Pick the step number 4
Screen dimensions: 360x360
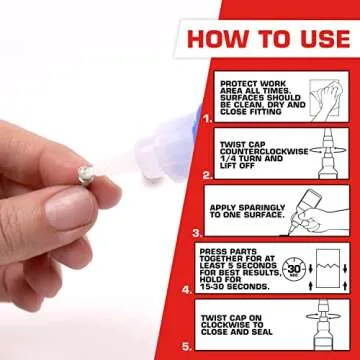[x=189, y=290]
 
